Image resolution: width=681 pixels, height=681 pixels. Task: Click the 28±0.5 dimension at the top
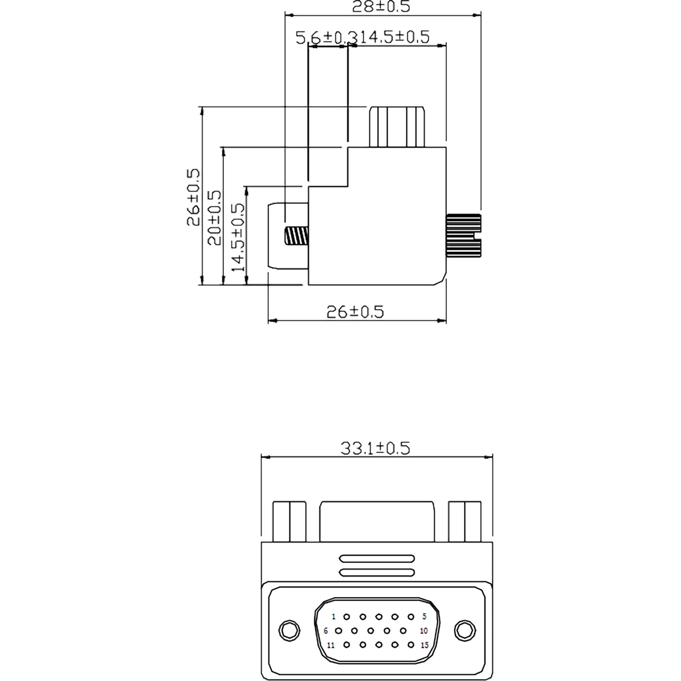tap(381, 7)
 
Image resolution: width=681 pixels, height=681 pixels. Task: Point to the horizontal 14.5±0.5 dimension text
tap(393, 37)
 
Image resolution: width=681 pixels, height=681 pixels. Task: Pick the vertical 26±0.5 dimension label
tap(193, 197)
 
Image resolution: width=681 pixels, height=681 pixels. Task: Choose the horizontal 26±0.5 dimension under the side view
tap(355, 312)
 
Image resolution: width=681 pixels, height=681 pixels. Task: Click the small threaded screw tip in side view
tap(296, 236)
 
